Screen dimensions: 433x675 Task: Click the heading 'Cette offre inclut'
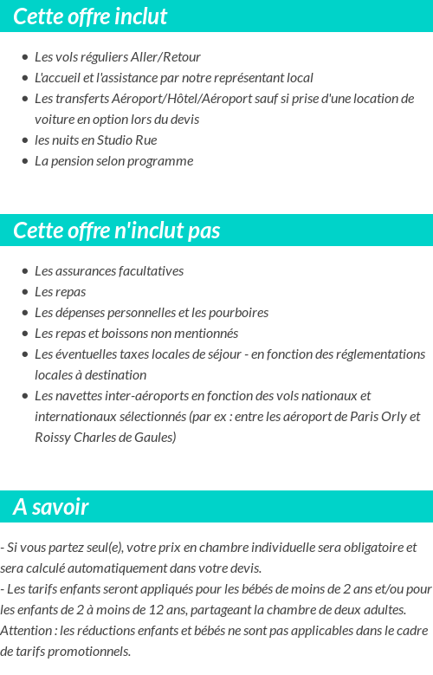[90, 16]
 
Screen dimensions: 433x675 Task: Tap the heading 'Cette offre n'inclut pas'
[117, 230]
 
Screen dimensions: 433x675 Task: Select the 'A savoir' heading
[51, 507]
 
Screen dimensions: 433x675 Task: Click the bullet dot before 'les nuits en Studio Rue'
[25, 140]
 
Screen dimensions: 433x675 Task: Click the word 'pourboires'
[237, 313]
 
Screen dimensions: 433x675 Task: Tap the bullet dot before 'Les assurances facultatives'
[25, 271]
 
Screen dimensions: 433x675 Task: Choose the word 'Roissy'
[55, 438]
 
